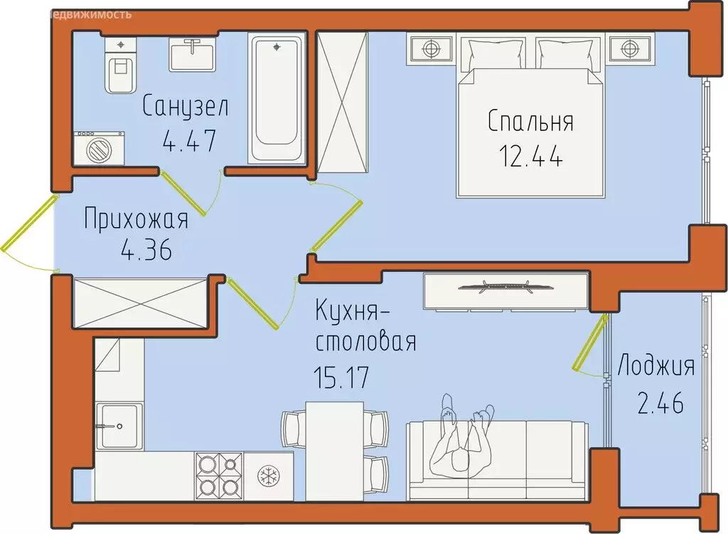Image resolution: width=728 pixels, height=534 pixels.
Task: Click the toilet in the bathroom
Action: tap(119, 70)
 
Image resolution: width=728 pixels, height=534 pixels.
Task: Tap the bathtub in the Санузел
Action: tap(276, 99)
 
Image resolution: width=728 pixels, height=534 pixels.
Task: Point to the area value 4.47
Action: tap(188, 140)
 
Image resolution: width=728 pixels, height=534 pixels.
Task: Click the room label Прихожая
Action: tap(136, 219)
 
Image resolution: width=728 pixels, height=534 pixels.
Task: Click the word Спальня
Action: tap(530, 122)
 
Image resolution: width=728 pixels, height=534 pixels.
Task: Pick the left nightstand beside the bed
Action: tap(429, 49)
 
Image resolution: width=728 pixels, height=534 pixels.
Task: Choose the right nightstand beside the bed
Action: tap(627, 49)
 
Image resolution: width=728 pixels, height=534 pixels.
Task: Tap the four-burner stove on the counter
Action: tap(218, 475)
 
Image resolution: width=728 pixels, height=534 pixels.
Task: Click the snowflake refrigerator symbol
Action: tap(268, 475)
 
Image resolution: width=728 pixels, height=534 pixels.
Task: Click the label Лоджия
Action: tap(655, 367)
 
